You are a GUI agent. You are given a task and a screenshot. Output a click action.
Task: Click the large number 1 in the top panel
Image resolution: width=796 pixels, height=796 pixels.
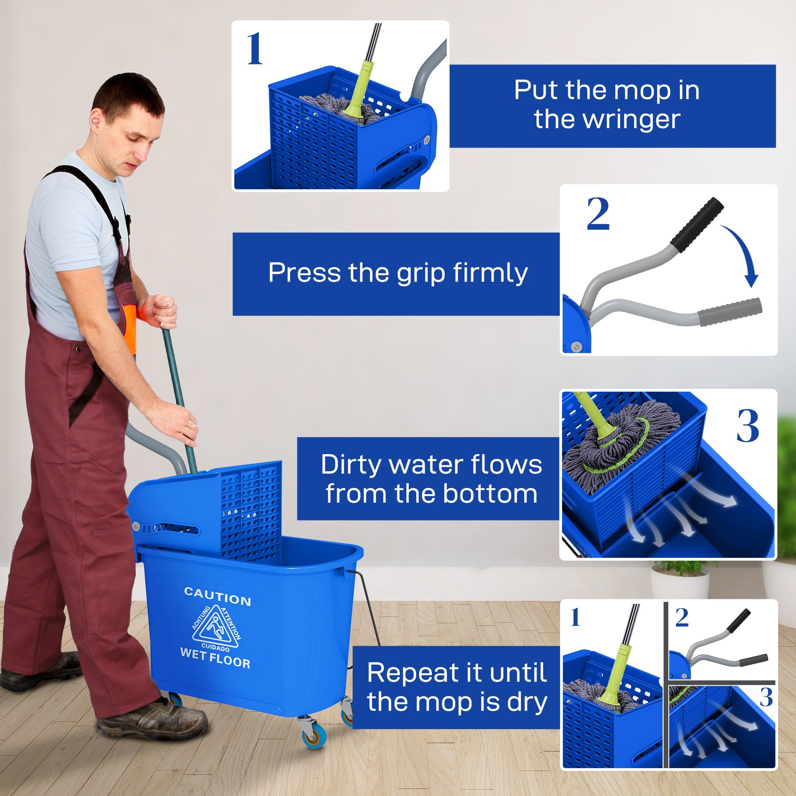[x=255, y=49]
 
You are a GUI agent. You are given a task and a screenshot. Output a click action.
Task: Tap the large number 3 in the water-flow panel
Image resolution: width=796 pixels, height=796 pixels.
[x=747, y=426]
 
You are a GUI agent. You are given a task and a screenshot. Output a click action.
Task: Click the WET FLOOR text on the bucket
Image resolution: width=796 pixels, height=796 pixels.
[x=215, y=658]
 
